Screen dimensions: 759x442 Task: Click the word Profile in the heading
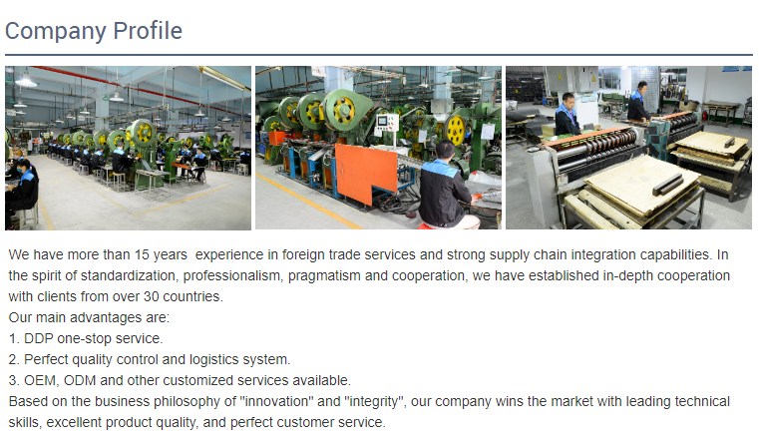(x=148, y=31)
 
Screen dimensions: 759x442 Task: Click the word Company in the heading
(x=56, y=32)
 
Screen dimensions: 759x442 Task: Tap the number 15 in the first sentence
(x=142, y=254)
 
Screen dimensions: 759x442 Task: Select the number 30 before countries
(x=151, y=296)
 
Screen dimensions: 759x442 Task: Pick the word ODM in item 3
(x=80, y=380)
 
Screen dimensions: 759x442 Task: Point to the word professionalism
(x=233, y=276)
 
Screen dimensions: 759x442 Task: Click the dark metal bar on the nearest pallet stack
(x=668, y=185)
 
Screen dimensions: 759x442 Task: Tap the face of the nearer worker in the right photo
(x=569, y=103)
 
